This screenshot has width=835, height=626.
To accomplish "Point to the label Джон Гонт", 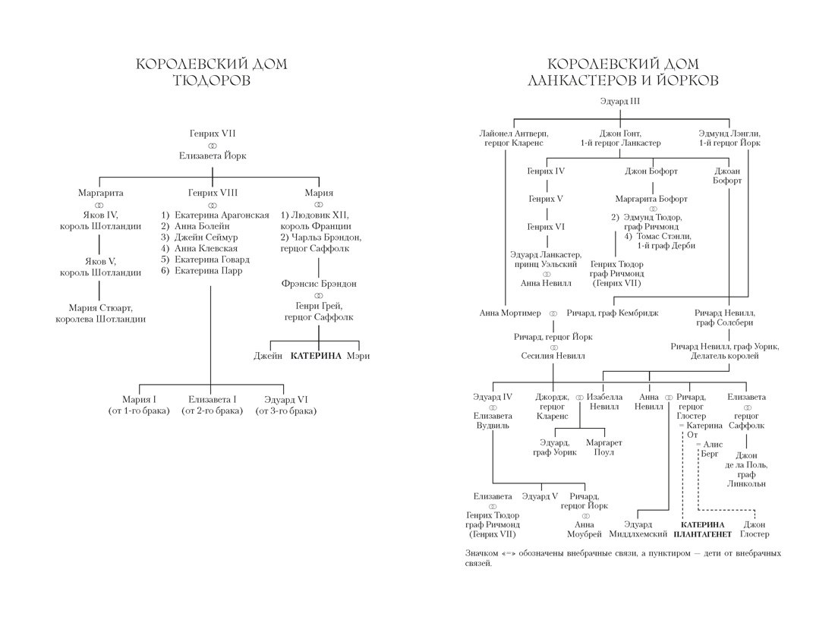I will click(620, 133).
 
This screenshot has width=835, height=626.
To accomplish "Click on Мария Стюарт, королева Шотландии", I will click(100, 313).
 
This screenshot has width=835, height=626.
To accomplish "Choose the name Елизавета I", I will click(213, 399).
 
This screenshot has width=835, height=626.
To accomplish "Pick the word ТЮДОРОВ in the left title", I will click(212, 81).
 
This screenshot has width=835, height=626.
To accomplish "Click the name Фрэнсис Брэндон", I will click(318, 284).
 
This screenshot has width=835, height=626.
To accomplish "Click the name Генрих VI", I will click(546, 226).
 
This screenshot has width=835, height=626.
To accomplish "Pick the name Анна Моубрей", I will click(584, 529).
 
